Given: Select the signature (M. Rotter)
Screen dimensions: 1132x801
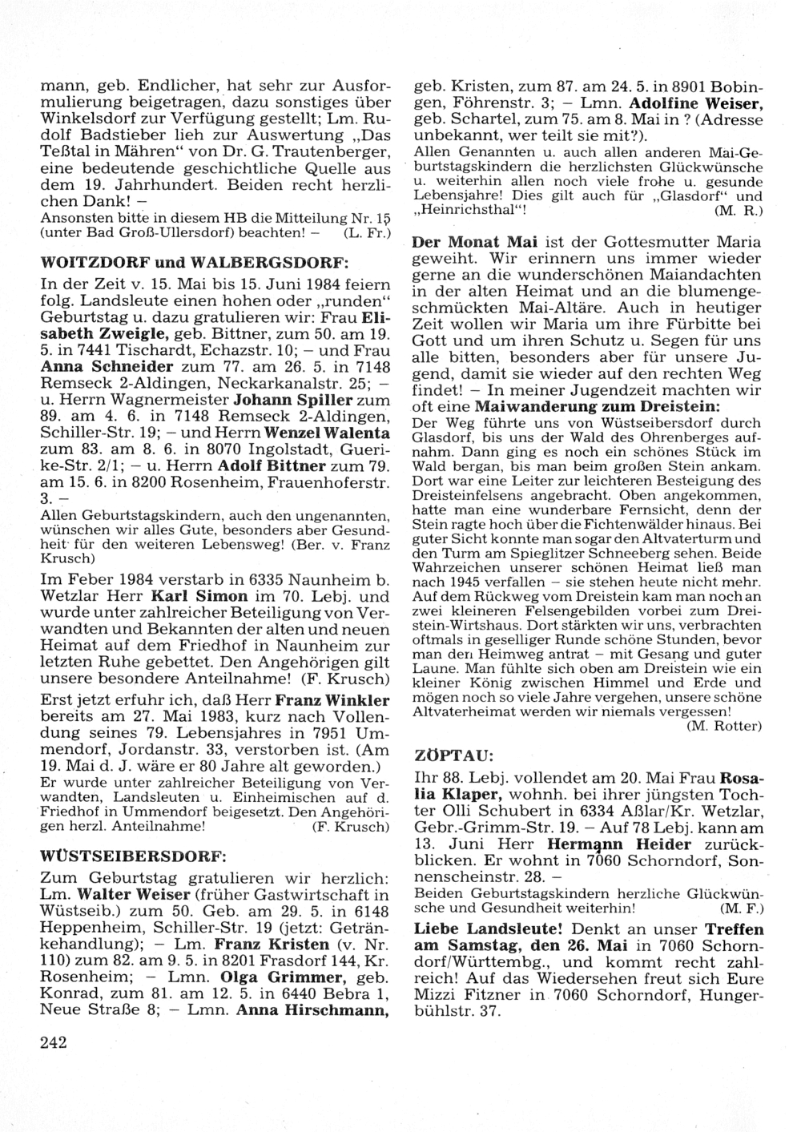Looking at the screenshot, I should [724, 726].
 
